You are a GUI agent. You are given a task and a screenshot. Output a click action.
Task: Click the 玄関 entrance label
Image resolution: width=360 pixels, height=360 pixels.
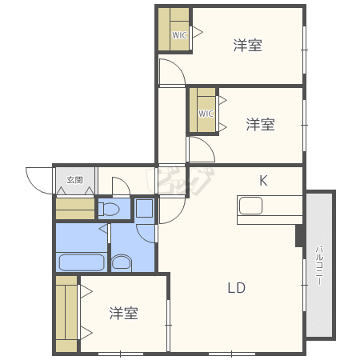coord(74,179)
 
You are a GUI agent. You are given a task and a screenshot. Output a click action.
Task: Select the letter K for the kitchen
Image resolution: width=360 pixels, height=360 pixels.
coord(262,180)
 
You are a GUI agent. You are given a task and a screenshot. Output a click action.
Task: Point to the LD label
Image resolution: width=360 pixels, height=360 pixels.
coord(235,288)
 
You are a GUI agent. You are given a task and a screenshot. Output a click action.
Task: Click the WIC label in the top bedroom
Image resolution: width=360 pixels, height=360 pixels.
coord(179,35)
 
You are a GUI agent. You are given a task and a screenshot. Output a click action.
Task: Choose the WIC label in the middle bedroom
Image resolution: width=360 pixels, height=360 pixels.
coord(206,114)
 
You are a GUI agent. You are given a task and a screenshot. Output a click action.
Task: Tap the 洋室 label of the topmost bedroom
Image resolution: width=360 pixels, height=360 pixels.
coord(247,45)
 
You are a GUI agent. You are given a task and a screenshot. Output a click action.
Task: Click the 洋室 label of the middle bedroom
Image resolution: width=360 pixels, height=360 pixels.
coord(260,125)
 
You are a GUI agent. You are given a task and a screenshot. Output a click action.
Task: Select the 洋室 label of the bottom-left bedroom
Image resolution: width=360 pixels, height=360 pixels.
coord(124,313)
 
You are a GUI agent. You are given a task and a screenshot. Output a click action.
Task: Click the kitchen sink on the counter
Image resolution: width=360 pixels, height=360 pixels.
coord(250,206)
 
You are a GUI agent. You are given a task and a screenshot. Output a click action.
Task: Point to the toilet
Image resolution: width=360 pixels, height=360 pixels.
coord(110,210)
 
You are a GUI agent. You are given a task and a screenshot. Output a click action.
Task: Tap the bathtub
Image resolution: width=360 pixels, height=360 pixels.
coord(81,262)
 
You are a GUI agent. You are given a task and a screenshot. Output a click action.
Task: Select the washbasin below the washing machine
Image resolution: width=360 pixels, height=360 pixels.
coord(122,262)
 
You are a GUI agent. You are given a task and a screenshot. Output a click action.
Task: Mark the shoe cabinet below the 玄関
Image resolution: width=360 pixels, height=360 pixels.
coord(74,209)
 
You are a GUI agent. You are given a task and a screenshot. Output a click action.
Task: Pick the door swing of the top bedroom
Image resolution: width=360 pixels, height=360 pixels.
coord(172,75)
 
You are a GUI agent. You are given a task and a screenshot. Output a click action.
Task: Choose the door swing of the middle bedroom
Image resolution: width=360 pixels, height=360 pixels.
coord(200,150)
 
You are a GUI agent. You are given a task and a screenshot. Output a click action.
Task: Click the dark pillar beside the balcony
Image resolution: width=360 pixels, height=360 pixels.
coord(299,235)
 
